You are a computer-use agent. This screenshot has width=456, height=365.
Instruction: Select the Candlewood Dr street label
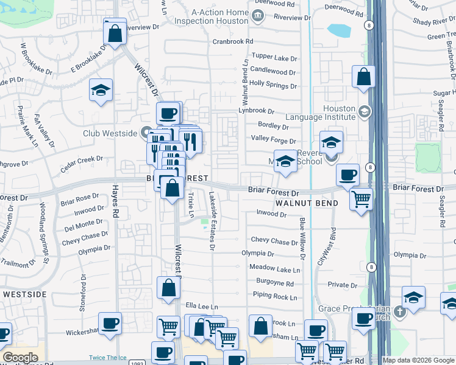273,71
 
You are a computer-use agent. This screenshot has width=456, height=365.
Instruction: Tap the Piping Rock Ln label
275,297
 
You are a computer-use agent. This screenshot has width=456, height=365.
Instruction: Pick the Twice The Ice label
107,358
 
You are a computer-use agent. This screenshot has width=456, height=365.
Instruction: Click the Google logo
20,358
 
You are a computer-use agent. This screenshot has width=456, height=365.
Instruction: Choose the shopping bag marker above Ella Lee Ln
168,288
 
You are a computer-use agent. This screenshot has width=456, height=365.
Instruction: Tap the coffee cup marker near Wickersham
110,323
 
